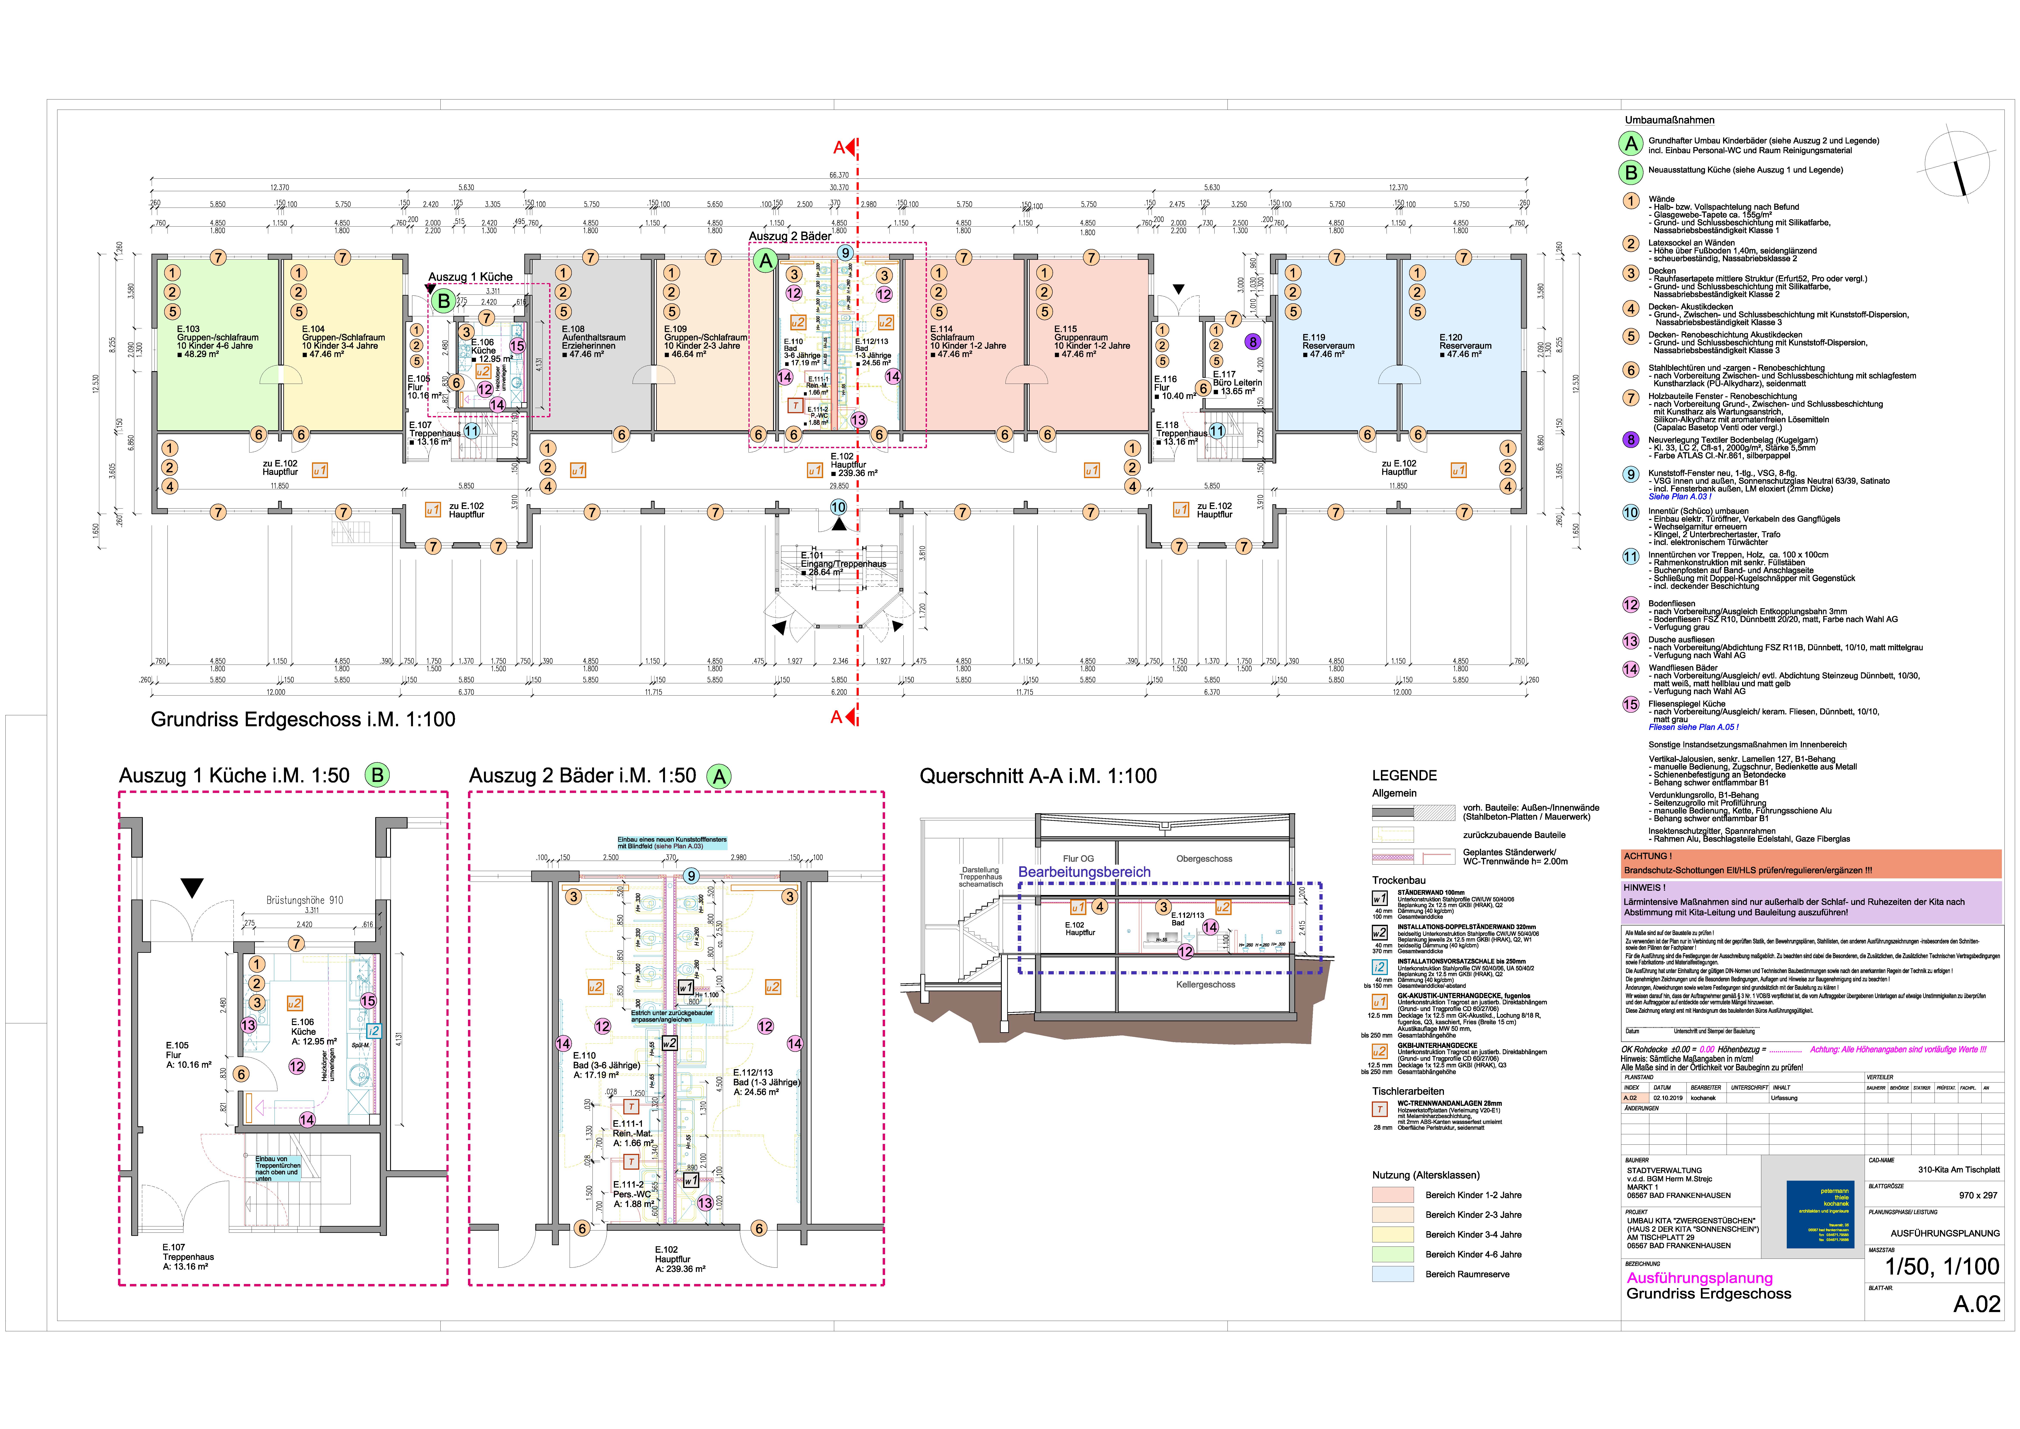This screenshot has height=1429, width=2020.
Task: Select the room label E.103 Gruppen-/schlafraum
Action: point(215,341)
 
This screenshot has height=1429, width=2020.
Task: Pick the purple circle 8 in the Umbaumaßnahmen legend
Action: point(1631,440)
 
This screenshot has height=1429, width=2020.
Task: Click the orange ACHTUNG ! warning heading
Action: point(1647,856)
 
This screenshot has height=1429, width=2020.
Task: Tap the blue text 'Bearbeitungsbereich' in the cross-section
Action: point(1084,872)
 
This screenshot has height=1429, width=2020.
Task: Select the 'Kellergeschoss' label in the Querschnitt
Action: point(1205,985)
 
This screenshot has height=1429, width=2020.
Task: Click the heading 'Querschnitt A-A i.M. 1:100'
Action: point(1038,776)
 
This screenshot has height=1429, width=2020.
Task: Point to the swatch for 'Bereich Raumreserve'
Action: point(1393,1274)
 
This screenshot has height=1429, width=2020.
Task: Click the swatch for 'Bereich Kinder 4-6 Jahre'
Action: point(1393,1255)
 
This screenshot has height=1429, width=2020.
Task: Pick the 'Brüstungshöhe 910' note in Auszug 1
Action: point(305,900)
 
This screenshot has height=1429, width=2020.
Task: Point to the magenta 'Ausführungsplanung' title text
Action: point(1699,1278)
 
